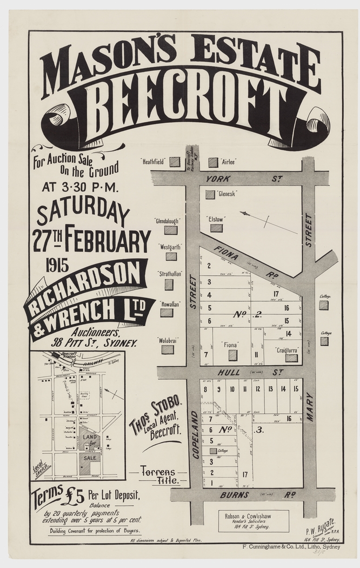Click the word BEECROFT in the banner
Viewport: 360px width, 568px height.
pos(184,103)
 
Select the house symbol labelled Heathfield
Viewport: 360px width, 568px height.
pos(174,161)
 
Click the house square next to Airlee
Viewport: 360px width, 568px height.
pos(213,162)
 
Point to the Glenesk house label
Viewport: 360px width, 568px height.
pos(225,193)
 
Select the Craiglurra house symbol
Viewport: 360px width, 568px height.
pos(291,358)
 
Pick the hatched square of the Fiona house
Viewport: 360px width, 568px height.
pos(233,355)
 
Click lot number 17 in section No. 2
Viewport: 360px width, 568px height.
pos(276,294)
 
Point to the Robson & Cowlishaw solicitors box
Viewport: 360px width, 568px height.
pos(253,520)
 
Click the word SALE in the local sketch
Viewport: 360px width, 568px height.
pos(90,458)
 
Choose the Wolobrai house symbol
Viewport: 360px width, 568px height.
pos(168,349)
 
